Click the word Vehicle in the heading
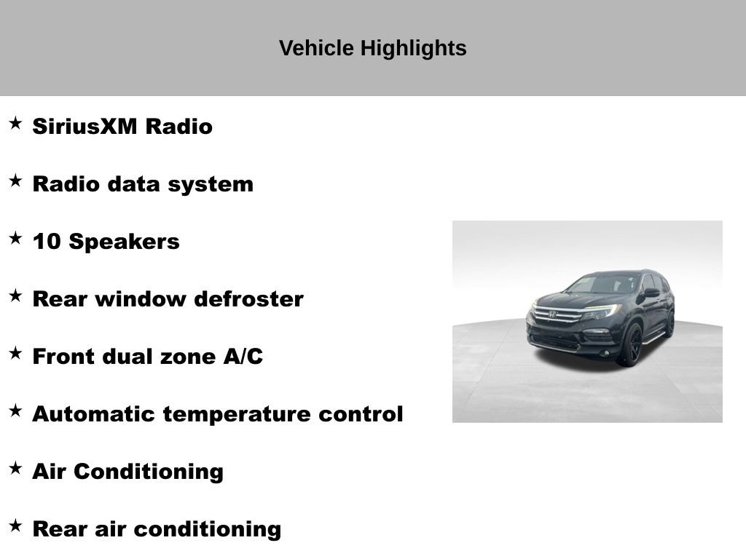pyautogui.click(x=316, y=48)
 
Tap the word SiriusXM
pyautogui.click(x=85, y=127)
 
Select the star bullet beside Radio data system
pyautogui.click(x=15, y=181)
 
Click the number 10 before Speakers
pyautogui.click(x=46, y=242)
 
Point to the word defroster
pyautogui.click(x=249, y=299)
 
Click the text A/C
pyautogui.click(x=243, y=357)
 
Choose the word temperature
pyautogui.click(x=237, y=414)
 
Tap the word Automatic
pyautogui.click(x=94, y=414)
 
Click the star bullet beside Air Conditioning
pyautogui.click(x=15, y=468)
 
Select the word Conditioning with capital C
pyautogui.click(x=149, y=472)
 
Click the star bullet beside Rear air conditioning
pyautogui.click(x=15, y=526)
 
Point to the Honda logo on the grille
pyautogui.click(x=552, y=314)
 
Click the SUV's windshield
pyautogui.click(x=602, y=285)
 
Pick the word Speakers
pyautogui.click(x=124, y=242)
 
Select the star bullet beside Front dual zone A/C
pyautogui.click(x=15, y=353)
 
